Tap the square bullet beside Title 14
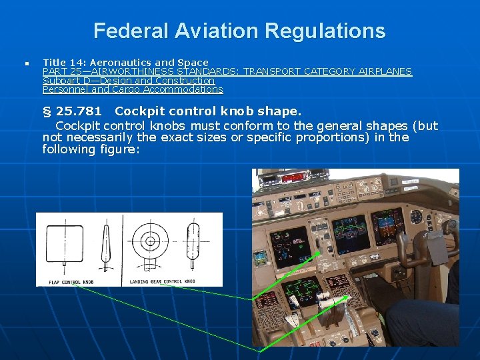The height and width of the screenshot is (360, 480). coord(25,63)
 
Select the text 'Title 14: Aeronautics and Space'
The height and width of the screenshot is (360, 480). coord(125,63)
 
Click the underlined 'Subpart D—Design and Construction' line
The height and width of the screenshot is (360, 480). coord(129,80)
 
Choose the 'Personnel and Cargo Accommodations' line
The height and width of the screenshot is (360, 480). coord(133,89)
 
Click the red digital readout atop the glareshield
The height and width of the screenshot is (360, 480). coord(293,177)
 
